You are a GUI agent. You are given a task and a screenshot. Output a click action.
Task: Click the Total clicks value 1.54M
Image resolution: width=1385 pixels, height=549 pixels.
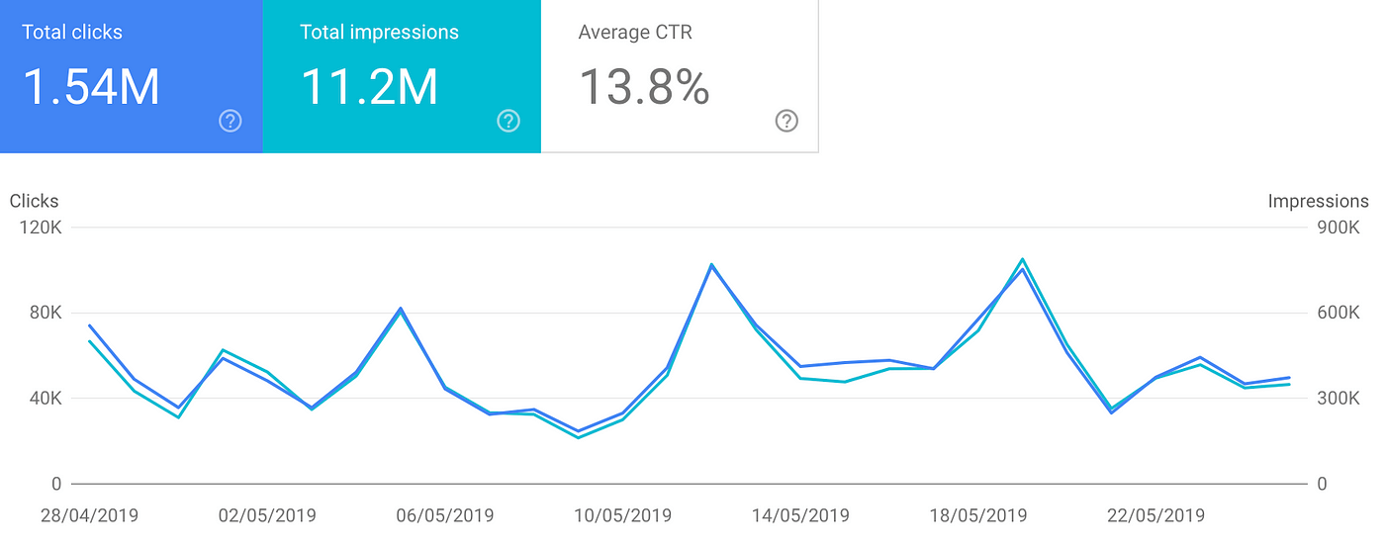(91, 87)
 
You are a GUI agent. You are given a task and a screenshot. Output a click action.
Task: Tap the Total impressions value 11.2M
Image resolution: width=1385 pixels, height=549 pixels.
(369, 87)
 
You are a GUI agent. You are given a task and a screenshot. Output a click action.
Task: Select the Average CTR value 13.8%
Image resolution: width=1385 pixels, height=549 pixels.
(644, 87)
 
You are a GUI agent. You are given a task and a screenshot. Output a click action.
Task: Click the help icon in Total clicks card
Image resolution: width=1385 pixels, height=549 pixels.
(231, 121)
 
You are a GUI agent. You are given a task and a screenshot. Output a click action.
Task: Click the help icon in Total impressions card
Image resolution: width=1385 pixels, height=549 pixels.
(508, 121)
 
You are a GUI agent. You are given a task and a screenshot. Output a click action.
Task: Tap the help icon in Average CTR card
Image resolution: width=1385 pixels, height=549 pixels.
(786, 121)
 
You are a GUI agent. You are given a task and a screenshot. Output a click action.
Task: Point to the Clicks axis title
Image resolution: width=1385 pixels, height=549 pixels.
(35, 201)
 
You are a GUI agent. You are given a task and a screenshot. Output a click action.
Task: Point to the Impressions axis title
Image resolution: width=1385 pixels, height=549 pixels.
(1319, 201)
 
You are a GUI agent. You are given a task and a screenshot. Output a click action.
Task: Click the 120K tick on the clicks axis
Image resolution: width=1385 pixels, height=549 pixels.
(42, 228)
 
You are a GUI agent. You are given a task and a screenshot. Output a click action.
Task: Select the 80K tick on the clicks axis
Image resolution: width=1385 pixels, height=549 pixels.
(46, 313)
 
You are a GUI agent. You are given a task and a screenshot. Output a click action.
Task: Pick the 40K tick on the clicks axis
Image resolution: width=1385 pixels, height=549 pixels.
(46, 399)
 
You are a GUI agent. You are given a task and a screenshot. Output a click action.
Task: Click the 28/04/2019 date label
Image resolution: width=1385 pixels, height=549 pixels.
(89, 515)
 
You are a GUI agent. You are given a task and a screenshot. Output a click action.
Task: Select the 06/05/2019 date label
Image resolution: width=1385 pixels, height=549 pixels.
(444, 515)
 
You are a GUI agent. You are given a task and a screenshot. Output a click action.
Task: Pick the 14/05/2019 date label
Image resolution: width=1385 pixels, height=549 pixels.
(800, 515)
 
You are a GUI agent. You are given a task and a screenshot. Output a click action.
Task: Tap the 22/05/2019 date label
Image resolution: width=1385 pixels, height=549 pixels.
(1155, 515)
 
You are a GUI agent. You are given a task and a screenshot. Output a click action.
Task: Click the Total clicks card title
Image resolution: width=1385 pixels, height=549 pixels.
(71, 32)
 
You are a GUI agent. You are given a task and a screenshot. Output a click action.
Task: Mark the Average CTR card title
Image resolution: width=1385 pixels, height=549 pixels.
(635, 32)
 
